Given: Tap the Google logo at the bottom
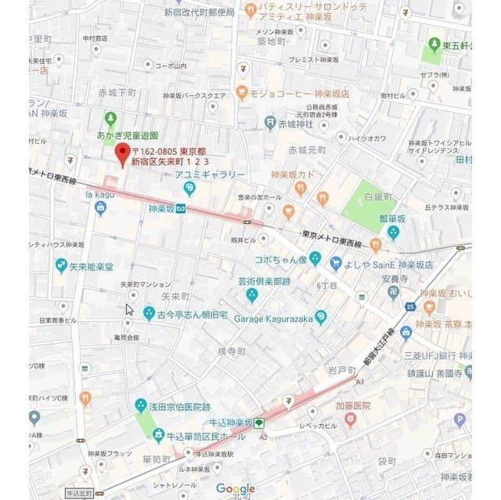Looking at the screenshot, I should click(236, 489).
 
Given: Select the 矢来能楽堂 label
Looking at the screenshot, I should click(88, 267).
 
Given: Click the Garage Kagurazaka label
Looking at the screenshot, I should click(276, 318).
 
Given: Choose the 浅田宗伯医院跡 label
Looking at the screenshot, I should click(179, 407).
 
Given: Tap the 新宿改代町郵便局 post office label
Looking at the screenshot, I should click(199, 13).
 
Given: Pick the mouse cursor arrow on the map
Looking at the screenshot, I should click(129, 309).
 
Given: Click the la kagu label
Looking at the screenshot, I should click(100, 193).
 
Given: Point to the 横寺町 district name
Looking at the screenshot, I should click(232, 351).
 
